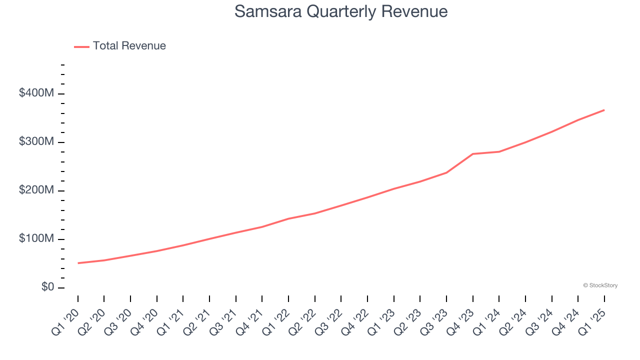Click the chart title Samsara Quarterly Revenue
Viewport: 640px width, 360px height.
tap(340, 11)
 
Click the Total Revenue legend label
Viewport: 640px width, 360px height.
tap(129, 46)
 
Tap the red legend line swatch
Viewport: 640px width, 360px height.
tap(81, 46)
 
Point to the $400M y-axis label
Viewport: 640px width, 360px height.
tap(36, 93)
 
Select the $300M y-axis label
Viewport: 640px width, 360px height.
tap(36, 142)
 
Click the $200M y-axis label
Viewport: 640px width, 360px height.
tap(36, 190)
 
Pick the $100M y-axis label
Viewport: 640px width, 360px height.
tap(36, 239)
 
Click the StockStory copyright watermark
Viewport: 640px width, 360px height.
tap(600, 285)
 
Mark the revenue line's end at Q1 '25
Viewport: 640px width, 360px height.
tap(604, 110)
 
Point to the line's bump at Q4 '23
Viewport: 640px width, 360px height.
tap(472, 154)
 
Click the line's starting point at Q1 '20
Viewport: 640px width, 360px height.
tap(78, 263)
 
